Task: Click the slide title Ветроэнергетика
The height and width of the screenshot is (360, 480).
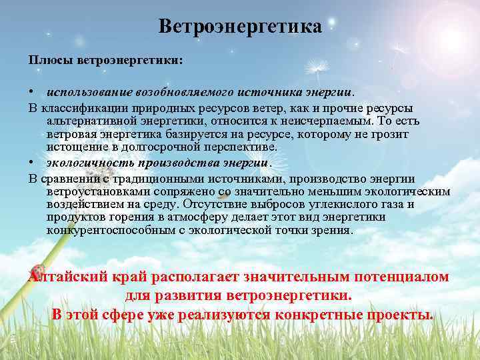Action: [x=240, y=27]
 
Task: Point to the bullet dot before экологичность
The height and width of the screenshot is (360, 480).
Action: [x=31, y=163]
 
